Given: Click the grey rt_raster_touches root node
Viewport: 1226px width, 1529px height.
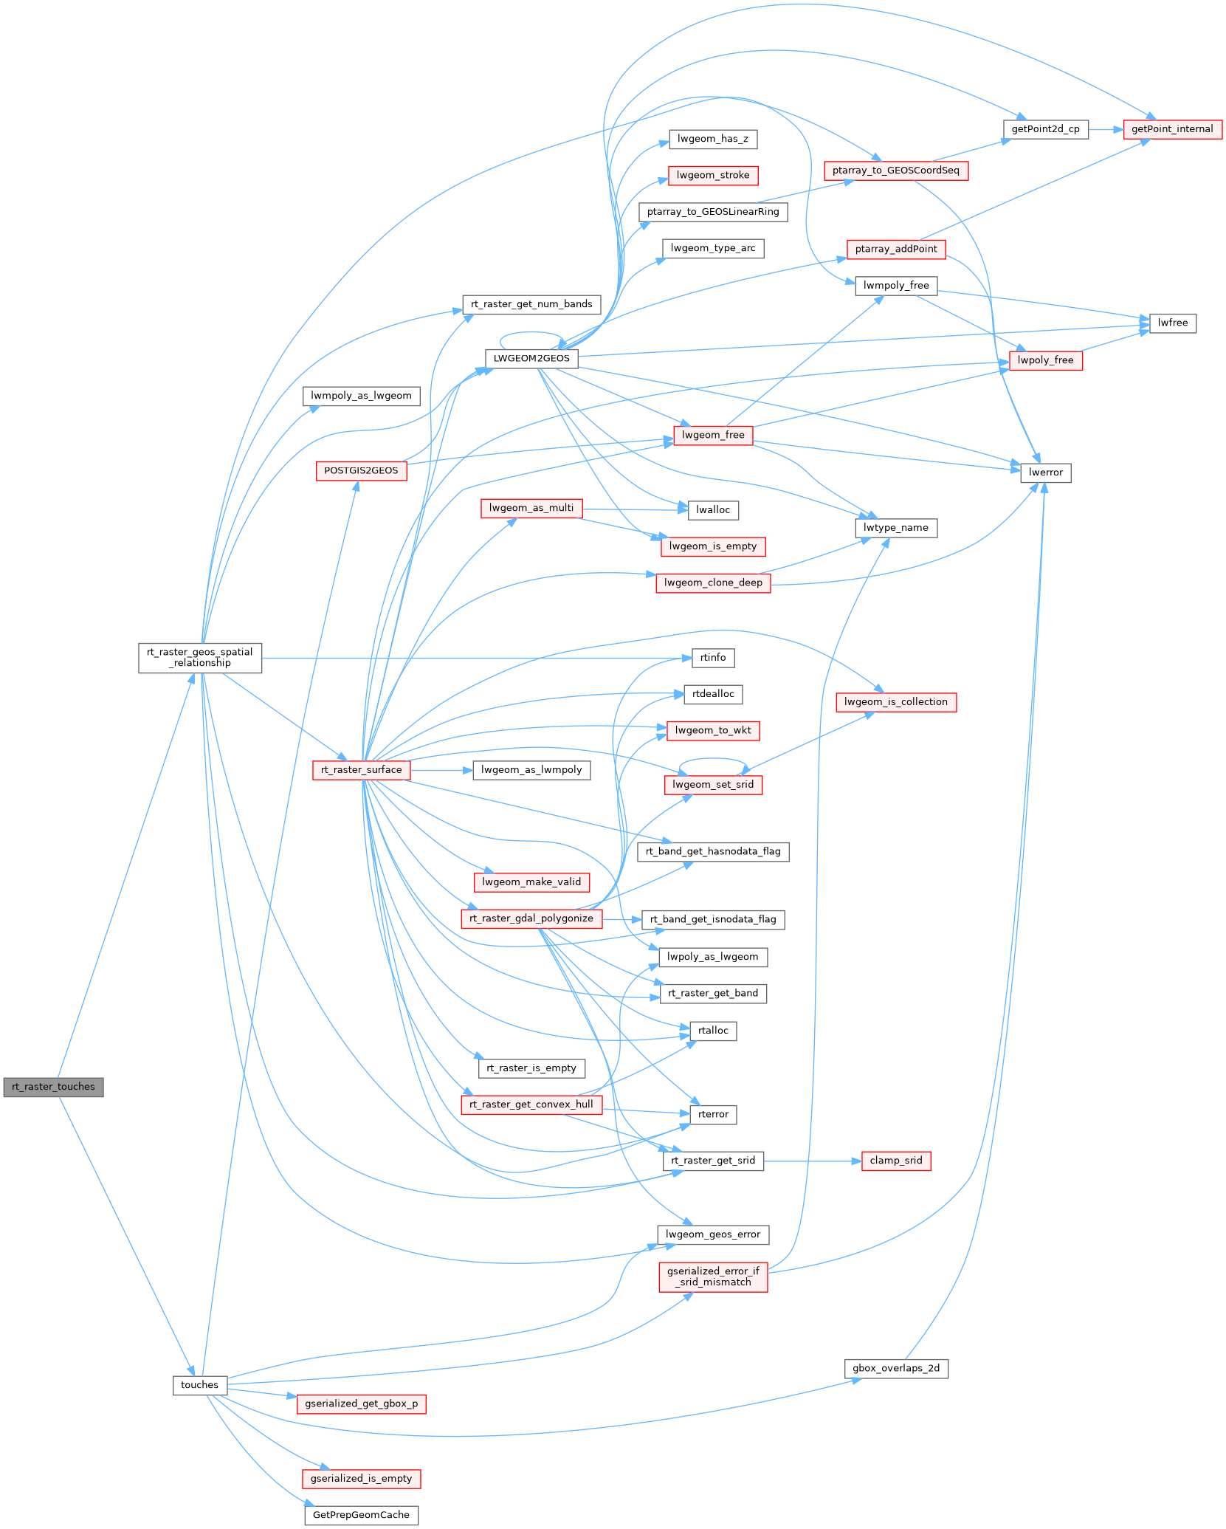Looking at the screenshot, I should pyautogui.click(x=53, y=1087).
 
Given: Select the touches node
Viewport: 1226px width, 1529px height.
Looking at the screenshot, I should pyautogui.click(x=199, y=1385).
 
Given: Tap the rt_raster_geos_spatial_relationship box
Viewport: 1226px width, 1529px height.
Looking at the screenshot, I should pyautogui.click(x=200, y=658).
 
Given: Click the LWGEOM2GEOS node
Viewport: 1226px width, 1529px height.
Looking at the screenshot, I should pyautogui.click(x=531, y=358).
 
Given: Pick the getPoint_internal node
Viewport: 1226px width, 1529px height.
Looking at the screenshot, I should pyautogui.click(x=1172, y=129).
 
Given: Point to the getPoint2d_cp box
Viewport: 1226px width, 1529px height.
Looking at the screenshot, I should pyautogui.click(x=1045, y=129).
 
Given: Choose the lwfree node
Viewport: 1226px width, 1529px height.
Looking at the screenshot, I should pyautogui.click(x=1173, y=323).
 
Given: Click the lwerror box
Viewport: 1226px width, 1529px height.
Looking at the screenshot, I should pyautogui.click(x=1046, y=473).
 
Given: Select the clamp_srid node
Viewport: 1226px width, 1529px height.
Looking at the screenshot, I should pyautogui.click(x=896, y=1161).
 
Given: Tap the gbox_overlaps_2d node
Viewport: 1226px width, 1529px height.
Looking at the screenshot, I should pyautogui.click(x=896, y=1368).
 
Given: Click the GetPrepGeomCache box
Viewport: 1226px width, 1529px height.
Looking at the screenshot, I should pyautogui.click(x=361, y=1515).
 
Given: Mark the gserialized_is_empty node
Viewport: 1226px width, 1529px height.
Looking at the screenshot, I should pyautogui.click(x=361, y=1478).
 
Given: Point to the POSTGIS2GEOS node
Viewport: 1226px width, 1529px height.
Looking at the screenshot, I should pyautogui.click(x=361, y=470).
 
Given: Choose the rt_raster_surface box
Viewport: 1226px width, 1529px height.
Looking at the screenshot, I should pyautogui.click(x=362, y=769).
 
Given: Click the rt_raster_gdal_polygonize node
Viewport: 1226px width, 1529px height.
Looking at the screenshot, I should pyautogui.click(x=531, y=918).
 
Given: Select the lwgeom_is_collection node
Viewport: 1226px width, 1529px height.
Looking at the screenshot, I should pyautogui.click(x=896, y=702).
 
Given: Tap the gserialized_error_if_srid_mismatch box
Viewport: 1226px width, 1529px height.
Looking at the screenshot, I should pyautogui.click(x=713, y=1277).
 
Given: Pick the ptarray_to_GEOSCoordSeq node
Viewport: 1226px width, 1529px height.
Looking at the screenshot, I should pyautogui.click(x=896, y=171).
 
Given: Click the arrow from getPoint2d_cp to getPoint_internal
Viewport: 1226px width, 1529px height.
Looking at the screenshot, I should pyautogui.click(x=1106, y=129).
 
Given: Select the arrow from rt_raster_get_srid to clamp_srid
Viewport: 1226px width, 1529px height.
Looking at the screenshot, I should pyautogui.click(x=812, y=1161).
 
